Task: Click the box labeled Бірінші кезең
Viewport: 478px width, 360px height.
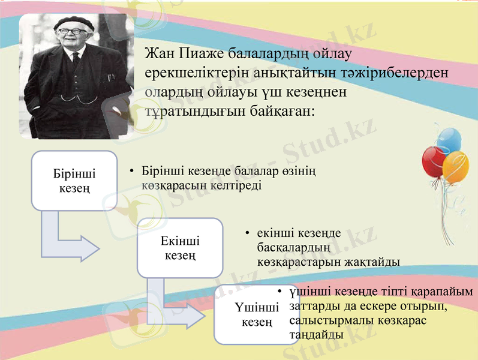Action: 74,181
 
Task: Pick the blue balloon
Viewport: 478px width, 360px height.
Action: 450,138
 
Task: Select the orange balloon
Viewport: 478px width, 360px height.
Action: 456,168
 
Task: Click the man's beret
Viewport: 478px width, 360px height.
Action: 74,23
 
